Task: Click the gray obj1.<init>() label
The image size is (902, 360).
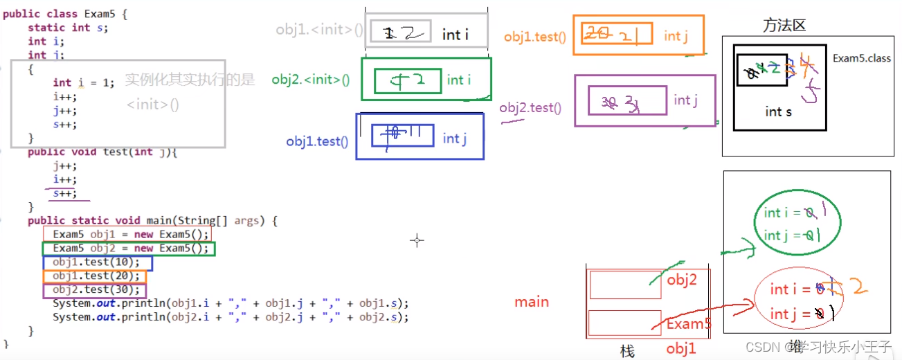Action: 319,29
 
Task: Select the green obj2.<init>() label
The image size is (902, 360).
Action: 311,80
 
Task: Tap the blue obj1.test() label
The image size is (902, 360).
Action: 317,141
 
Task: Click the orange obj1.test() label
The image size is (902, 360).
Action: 534,37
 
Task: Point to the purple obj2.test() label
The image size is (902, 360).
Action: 530,107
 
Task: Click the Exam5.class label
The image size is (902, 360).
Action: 862,58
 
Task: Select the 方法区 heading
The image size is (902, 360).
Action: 785,26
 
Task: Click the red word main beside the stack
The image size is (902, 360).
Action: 532,302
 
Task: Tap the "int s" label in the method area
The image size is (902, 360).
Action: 778,111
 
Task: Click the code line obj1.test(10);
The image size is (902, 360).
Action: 96,262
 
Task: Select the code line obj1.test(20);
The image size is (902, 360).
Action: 96,276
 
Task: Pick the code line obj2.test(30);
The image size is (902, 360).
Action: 96,289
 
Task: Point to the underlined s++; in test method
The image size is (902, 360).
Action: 64,194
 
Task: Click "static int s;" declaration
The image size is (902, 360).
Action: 68,28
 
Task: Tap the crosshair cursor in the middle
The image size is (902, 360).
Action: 417,240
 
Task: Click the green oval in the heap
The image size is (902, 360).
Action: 797,224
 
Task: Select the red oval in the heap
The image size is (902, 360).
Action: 797,301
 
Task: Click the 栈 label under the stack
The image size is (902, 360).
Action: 627,352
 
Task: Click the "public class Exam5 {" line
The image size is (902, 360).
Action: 65,14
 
